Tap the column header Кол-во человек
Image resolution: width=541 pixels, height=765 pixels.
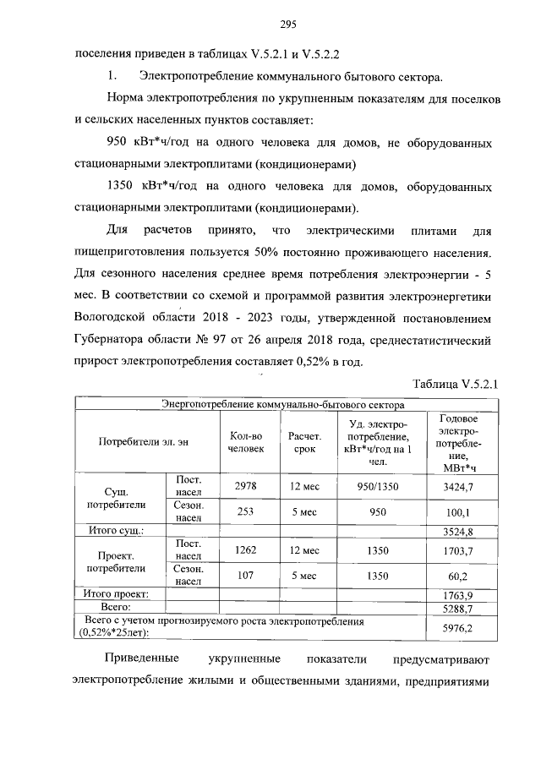[x=246, y=442]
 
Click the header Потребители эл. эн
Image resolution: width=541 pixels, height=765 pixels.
[x=143, y=442]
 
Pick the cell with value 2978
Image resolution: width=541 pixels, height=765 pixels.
[x=246, y=485]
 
